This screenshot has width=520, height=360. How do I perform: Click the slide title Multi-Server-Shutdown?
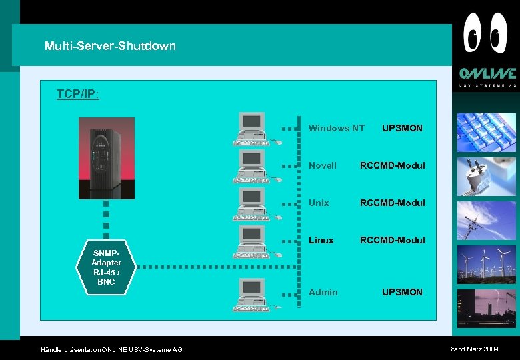[x=110, y=46]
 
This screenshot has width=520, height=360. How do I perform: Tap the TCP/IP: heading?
[x=78, y=94]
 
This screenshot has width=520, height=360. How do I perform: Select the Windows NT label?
[x=336, y=128]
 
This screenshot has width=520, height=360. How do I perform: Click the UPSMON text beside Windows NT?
[x=402, y=128]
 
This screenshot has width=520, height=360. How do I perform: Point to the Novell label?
[x=323, y=165]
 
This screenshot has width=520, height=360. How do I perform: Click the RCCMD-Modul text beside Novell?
[x=392, y=165]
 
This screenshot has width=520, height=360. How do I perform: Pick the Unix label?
[x=319, y=203]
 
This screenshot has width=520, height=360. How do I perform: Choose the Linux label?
[x=321, y=240]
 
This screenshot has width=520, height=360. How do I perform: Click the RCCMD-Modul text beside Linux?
[x=392, y=240]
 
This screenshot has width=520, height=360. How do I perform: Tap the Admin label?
[x=323, y=292]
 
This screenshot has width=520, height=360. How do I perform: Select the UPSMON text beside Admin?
[x=402, y=292]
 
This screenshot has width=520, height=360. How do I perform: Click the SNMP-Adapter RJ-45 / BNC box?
[x=106, y=268]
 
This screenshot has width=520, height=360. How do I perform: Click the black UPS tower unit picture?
[x=107, y=158]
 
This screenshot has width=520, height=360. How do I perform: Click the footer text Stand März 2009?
[x=473, y=349]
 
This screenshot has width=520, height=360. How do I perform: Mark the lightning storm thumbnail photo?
[x=486, y=308]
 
